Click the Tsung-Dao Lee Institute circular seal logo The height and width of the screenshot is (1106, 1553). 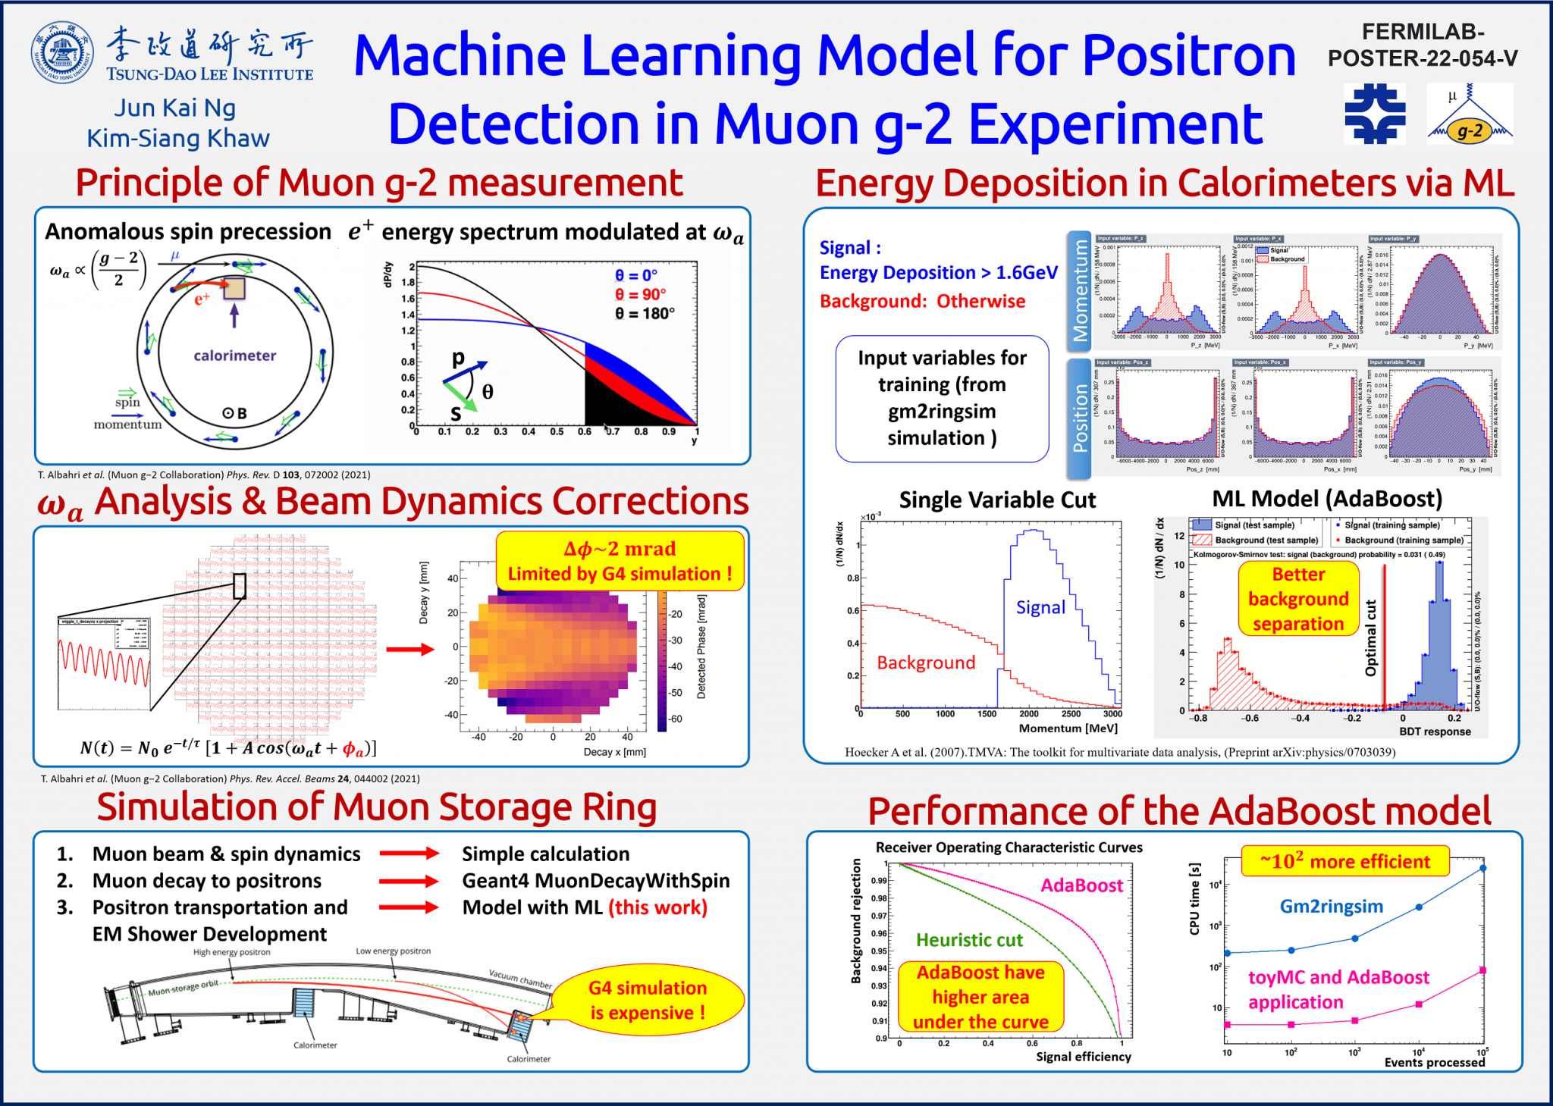(x=62, y=52)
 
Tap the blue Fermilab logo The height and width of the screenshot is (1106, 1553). (x=1374, y=114)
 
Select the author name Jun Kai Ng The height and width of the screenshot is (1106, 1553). (x=175, y=108)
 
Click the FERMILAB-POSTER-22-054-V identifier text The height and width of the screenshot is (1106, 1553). (x=1422, y=45)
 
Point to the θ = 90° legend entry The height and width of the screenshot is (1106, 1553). (x=641, y=294)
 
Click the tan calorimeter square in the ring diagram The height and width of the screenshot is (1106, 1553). (x=234, y=288)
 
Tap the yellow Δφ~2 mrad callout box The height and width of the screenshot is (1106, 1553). (x=620, y=561)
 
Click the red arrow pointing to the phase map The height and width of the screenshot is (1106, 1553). (x=409, y=649)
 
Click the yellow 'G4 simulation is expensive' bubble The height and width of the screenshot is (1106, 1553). (x=648, y=1000)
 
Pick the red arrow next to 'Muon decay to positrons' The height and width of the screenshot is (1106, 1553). (x=409, y=881)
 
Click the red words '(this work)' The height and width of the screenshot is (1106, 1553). (x=658, y=907)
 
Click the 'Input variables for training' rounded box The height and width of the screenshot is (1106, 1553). (x=942, y=398)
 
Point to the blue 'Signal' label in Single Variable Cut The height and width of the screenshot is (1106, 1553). (x=1040, y=607)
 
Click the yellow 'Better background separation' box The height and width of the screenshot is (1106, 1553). (x=1297, y=599)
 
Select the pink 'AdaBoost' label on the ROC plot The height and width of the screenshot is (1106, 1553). (x=1081, y=885)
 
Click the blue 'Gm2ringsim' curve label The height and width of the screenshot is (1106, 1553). (x=1331, y=906)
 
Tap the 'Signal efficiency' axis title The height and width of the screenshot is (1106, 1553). (x=1083, y=1057)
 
